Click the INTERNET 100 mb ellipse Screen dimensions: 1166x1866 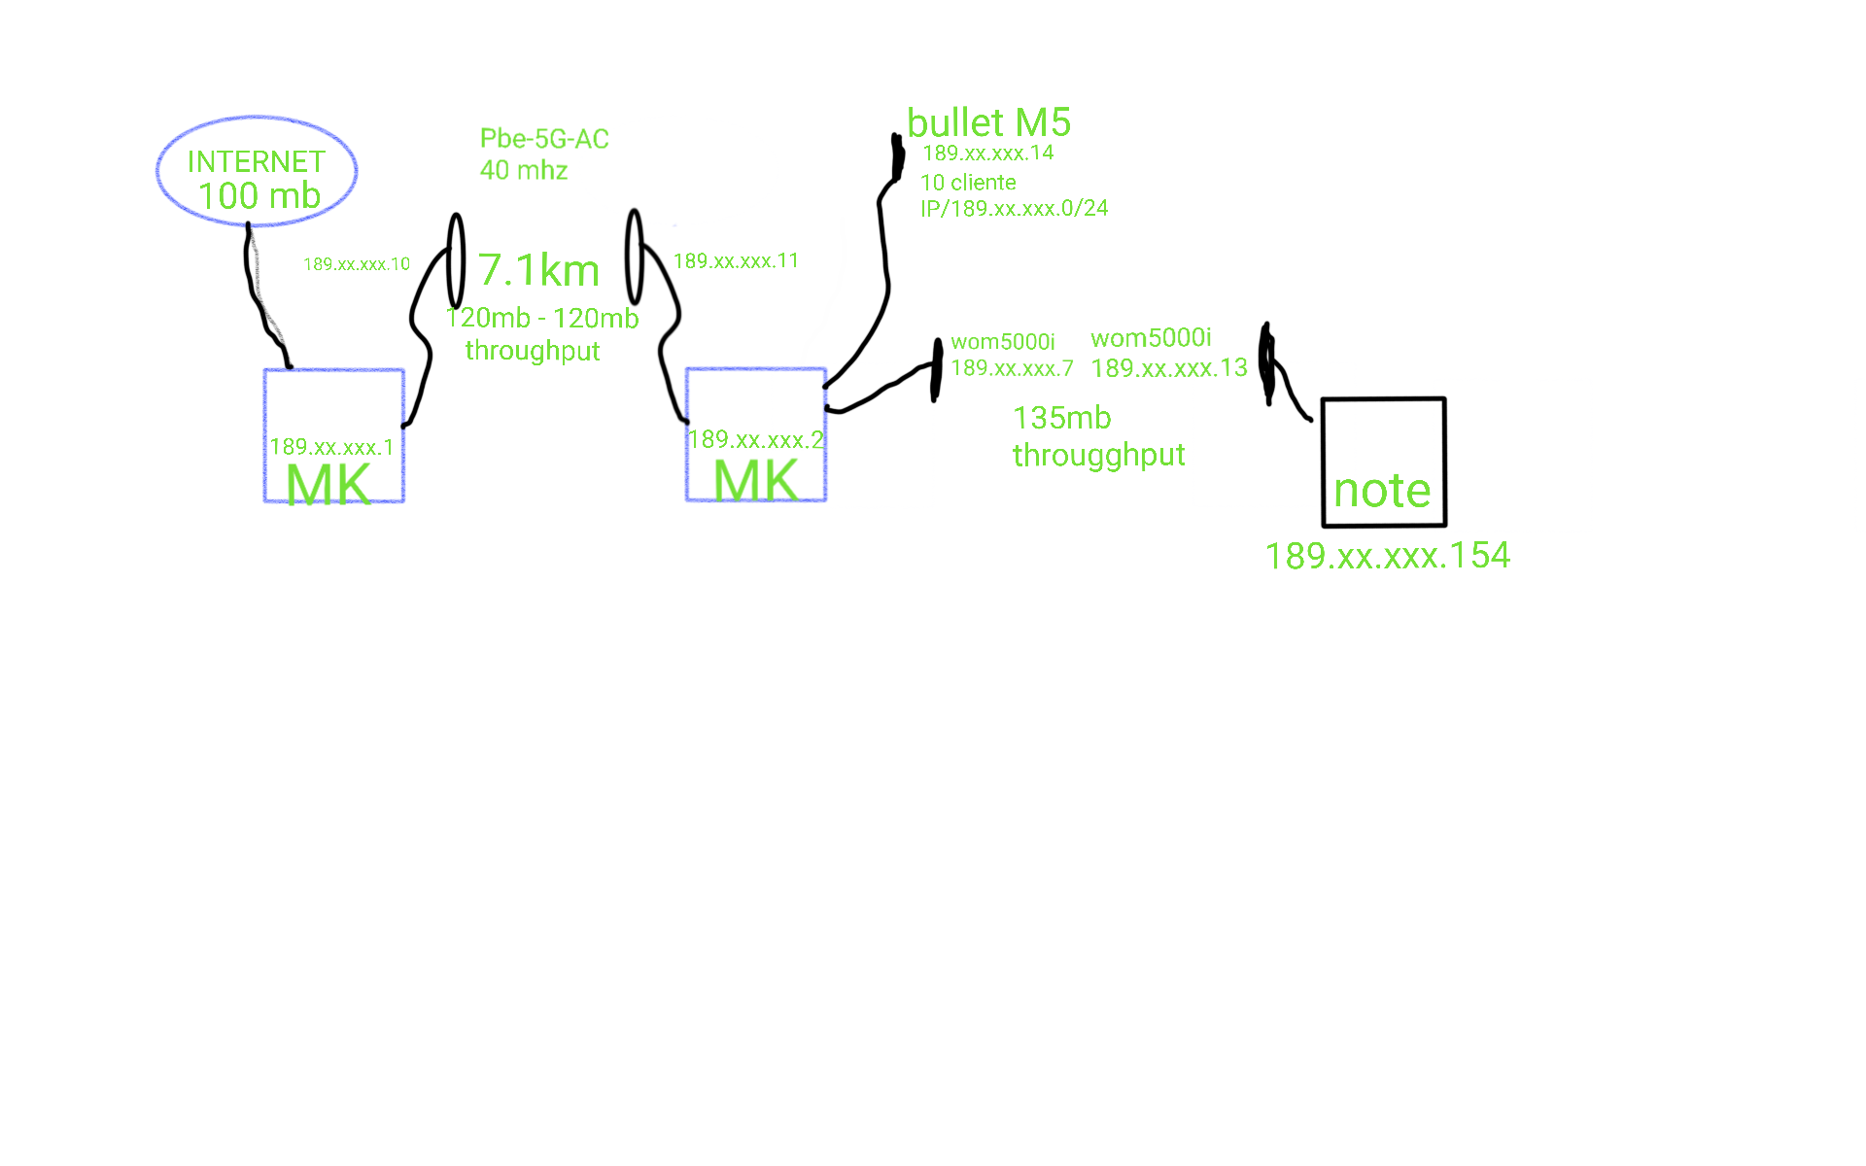[x=257, y=172]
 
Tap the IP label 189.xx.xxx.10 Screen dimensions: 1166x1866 [x=357, y=264]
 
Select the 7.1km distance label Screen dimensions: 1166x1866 [x=539, y=270]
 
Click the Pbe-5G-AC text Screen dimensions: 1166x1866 [x=544, y=139]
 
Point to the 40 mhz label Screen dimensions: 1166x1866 [x=524, y=171]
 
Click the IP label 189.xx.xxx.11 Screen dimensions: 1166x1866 [x=736, y=261]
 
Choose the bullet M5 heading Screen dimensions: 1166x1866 [x=988, y=123]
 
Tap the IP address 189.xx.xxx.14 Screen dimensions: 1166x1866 [x=987, y=154]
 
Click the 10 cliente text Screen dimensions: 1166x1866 [x=968, y=183]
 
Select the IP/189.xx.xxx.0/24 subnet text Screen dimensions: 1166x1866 [x=1014, y=209]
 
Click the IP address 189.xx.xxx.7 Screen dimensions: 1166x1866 [x=1012, y=368]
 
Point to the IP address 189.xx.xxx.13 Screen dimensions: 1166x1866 [x=1168, y=368]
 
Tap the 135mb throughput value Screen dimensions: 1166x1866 [x=1061, y=419]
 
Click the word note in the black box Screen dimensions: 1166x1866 [x=1382, y=491]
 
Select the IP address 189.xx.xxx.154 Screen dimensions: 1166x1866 [x=1387, y=556]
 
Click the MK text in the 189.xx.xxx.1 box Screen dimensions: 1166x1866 [x=328, y=484]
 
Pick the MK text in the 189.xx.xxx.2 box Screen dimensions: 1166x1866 [x=756, y=480]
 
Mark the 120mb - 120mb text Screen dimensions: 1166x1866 [x=542, y=319]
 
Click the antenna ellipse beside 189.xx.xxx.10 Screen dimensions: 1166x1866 [x=456, y=260]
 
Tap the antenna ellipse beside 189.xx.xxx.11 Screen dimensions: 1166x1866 [x=635, y=257]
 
